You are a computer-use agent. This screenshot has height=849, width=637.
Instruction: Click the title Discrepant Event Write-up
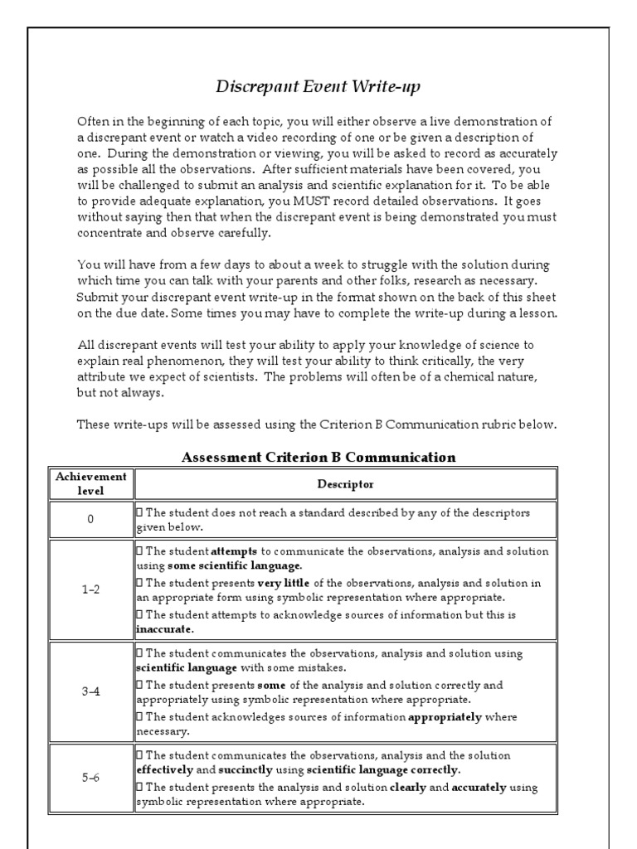click(x=318, y=86)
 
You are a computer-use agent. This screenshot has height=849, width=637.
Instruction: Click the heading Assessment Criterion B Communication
click(x=318, y=457)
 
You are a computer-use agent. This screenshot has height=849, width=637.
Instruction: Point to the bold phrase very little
click(x=287, y=582)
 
